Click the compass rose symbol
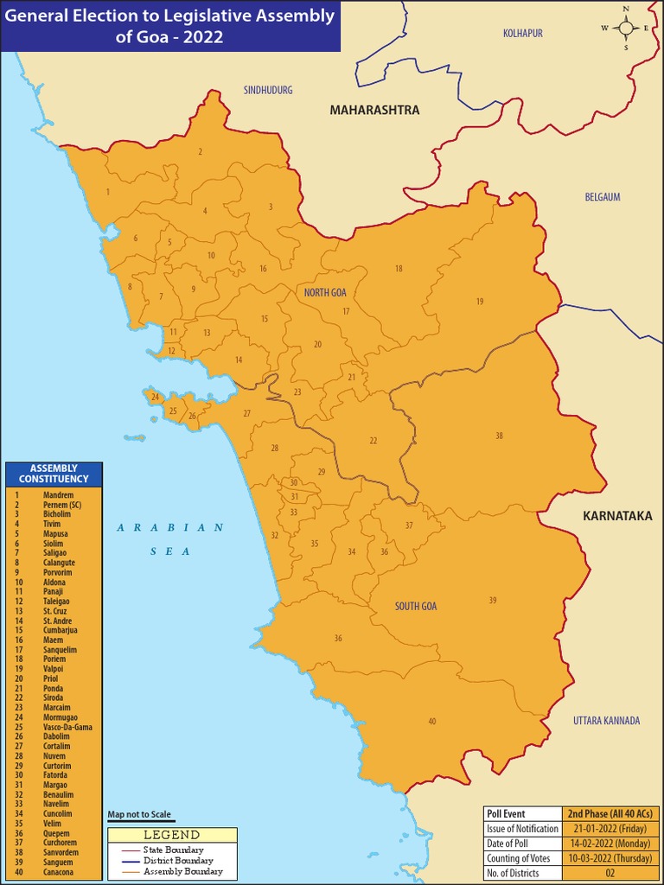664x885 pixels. (626, 28)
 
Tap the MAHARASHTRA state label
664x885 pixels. (374, 110)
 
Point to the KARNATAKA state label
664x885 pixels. (616, 516)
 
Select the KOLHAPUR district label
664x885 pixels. (522, 33)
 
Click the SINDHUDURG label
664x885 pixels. (268, 90)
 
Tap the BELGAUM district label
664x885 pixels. (603, 197)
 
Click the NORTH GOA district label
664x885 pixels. (325, 293)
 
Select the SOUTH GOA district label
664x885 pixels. (416, 606)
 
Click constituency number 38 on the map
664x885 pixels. (499, 436)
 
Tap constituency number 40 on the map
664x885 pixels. (431, 721)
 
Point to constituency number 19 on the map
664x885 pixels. (479, 301)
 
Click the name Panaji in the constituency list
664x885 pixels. (53, 591)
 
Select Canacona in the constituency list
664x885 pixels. (58, 871)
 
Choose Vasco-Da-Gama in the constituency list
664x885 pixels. (67, 727)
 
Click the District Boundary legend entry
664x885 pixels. (178, 861)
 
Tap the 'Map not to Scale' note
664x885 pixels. (139, 815)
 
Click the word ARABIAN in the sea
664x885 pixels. (170, 527)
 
